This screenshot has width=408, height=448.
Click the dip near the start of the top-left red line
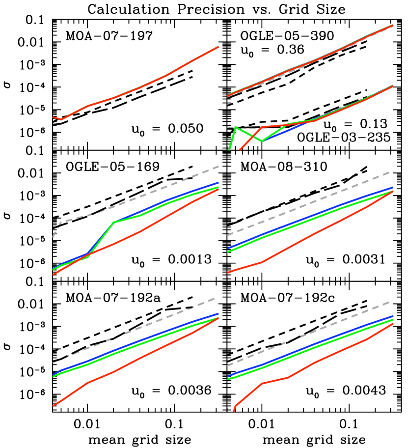pos(61,119)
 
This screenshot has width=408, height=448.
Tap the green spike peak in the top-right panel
pos(236,127)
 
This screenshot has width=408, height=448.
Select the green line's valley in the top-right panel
pos(262,141)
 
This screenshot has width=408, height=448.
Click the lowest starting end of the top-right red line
pos(241,149)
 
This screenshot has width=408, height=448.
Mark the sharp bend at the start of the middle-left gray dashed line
pos(61,222)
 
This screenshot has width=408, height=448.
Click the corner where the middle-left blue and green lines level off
pos(114,222)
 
